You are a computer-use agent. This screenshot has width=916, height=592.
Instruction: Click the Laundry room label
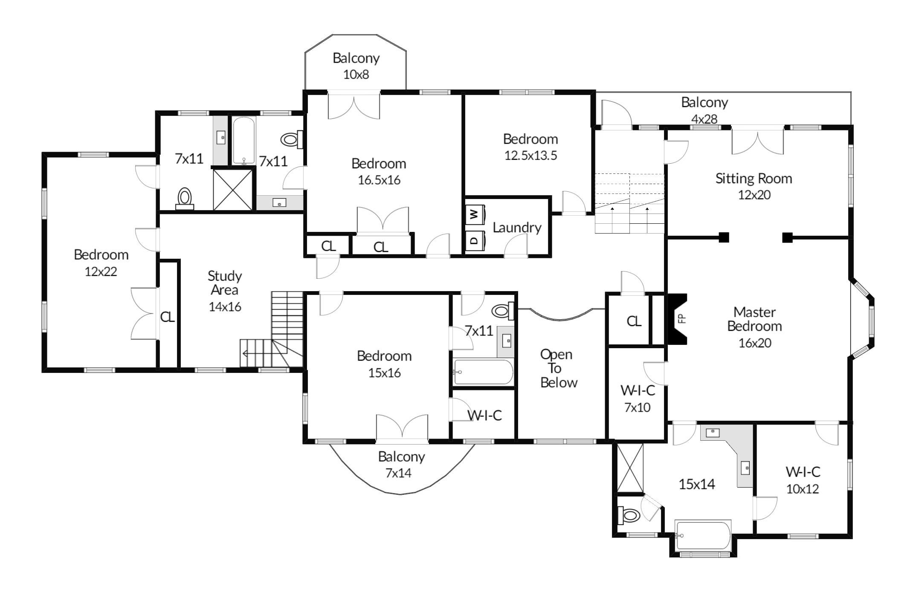point(517,228)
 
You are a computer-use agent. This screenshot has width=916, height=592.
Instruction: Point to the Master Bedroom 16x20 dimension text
point(755,343)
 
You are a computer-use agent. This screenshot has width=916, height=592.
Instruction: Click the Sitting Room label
point(754,178)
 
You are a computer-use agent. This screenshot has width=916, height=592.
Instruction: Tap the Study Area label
point(225,283)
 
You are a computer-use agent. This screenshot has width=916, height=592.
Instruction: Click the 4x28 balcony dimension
point(704,119)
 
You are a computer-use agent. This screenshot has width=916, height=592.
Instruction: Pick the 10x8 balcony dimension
point(356,75)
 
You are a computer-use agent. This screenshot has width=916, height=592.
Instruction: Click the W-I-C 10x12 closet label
point(803,480)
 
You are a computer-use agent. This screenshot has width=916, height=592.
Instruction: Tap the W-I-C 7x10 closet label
point(638,399)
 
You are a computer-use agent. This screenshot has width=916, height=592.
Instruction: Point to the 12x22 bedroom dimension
point(101,271)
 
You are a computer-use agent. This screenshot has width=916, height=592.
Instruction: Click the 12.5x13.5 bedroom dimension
point(530,156)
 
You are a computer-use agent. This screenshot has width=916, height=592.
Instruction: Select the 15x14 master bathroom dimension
point(697,484)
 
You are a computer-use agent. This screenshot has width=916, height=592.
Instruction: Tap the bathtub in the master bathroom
point(703,535)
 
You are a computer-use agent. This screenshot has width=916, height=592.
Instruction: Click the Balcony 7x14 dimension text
point(398,473)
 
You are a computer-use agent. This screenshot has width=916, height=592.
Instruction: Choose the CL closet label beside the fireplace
point(634,321)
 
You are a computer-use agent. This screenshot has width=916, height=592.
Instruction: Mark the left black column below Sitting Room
point(724,237)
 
